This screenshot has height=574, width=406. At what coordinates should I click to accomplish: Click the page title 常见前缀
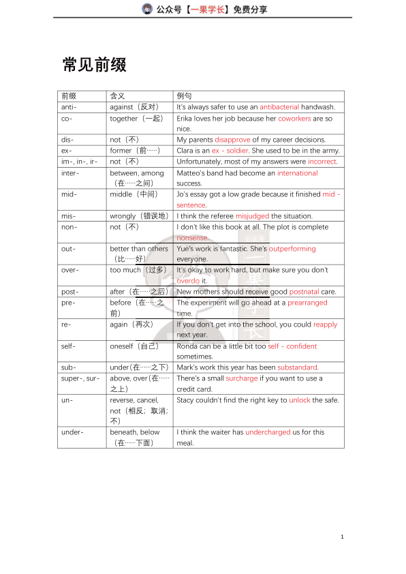click(x=94, y=65)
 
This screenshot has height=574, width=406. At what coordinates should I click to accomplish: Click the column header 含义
click(x=117, y=96)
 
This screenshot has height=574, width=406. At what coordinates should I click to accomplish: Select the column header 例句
click(x=184, y=96)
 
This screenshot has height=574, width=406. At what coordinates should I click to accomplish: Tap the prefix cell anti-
click(x=69, y=107)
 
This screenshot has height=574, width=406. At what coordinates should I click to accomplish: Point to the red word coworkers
click(x=294, y=118)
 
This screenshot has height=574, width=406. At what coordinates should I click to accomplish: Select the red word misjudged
click(x=252, y=216)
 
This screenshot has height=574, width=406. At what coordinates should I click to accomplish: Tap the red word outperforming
click(x=292, y=249)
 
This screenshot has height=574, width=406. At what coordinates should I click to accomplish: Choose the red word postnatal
click(x=304, y=292)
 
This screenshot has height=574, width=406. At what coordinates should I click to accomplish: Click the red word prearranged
click(x=307, y=303)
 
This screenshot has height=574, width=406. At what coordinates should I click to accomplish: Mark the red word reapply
click(x=325, y=324)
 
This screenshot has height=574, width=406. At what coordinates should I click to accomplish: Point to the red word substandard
click(x=297, y=367)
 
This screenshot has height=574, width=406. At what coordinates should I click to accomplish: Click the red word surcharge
click(x=242, y=378)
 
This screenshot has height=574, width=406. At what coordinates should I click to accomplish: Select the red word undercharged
click(x=268, y=432)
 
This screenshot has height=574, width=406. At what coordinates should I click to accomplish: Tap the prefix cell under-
click(x=73, y=432)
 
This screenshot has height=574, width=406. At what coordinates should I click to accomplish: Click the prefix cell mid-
click(x=69, y=194)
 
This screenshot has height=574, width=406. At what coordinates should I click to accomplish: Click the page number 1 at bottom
click(x=342, y=537)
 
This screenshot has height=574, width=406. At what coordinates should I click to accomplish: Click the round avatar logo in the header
click(x=147, y=9)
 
